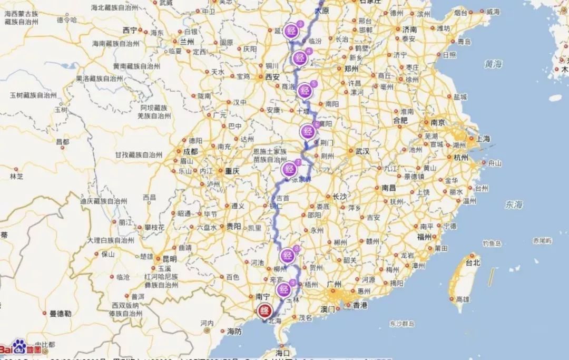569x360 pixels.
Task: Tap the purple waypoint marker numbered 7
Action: click(289, 169)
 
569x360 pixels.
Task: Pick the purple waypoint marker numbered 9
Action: click(284, 289)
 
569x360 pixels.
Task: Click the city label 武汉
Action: click(362, 151)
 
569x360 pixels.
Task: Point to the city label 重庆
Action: click(232, 171)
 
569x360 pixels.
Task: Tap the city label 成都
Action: click(190, 151)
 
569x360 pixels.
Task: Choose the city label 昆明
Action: click(169, 259)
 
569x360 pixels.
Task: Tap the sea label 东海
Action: click(513, 205)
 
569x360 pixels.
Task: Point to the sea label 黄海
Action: click(494, 64)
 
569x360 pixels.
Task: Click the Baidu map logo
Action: click(20, 348)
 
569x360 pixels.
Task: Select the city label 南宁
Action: click(261, 297)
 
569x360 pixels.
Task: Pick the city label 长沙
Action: click(340, 197)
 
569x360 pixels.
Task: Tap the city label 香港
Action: click(360, 306)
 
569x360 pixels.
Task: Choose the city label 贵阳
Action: click(233, 226)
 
